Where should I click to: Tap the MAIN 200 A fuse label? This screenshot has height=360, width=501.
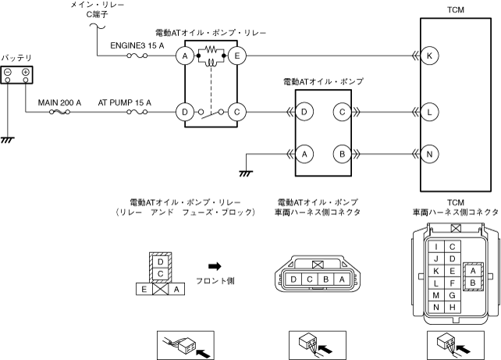[x=60, y=102]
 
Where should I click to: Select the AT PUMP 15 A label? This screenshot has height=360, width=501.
[x=124, y=102]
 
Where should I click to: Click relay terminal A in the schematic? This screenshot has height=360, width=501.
[x=185, y=56]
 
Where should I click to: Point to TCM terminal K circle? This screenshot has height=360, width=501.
[x=429, y=56]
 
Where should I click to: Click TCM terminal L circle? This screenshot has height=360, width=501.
[x=429, y=112]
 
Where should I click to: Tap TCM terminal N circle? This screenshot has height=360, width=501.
[x=429, y=153]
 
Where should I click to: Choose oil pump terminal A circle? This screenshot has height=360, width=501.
[x=305, y=153]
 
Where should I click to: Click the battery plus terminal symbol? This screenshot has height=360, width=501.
[x=26, y=73]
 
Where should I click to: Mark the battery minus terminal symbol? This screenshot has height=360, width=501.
[x=8, y=73]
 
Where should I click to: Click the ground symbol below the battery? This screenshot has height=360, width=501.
[x=9, y=140]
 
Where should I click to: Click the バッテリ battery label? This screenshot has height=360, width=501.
[x=16, y=58]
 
